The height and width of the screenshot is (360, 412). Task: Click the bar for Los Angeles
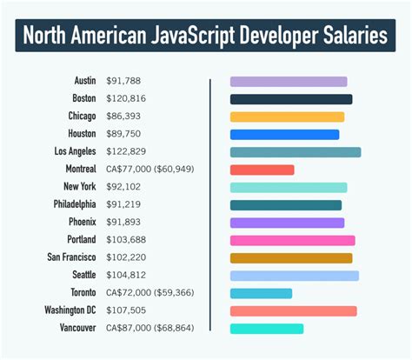(295, 152)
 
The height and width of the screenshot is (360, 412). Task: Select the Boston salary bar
(290, 99)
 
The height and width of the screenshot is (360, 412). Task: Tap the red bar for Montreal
(262, 170)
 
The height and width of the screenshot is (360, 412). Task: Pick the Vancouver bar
(266, 329)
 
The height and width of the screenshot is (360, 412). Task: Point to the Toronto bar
(261, 293)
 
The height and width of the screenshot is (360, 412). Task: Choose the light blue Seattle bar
(294, 276)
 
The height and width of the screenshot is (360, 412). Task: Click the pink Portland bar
(292, 240)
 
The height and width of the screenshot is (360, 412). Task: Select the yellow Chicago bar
(287, 117)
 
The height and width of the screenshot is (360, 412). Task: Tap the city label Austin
(84, 81)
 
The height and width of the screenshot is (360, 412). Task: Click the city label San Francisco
(71, 257)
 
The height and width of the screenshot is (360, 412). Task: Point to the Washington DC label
(70, 310)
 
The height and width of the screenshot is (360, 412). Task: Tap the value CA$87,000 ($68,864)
(150, 329)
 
